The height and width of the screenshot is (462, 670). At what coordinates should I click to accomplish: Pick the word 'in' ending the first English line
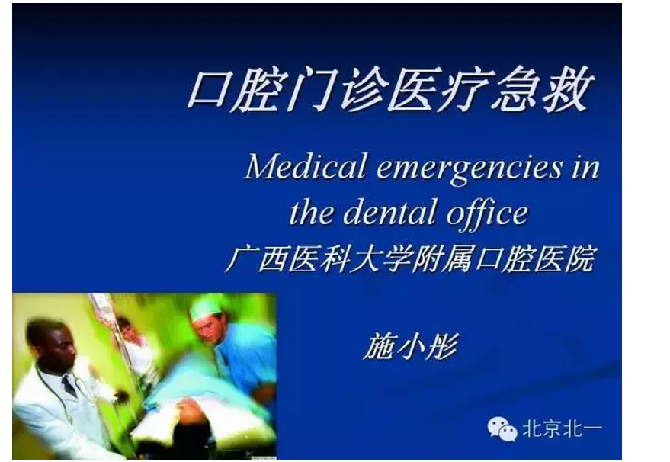[x=585, y=168]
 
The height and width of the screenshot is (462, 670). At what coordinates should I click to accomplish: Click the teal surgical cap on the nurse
[x=206, y=308]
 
